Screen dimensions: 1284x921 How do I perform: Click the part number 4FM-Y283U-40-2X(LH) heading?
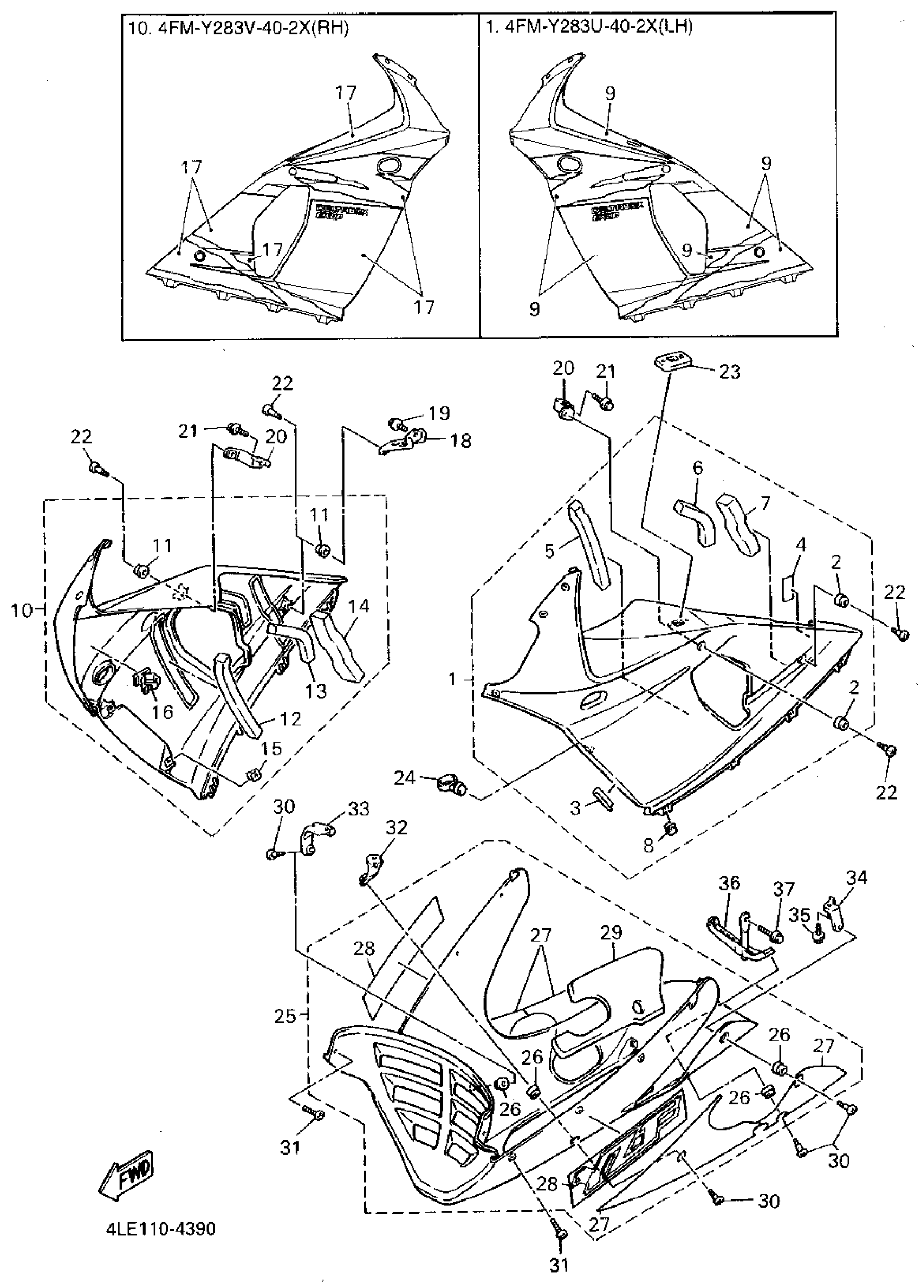pyautogui.click(x=589, y=27)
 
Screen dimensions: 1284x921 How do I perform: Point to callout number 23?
pyautogui.click(x=729, y=372)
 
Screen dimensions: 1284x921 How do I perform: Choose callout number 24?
pyautogui.click(x=405, y=779)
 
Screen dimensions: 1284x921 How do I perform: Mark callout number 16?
pyautogui.click(x=162, y=712)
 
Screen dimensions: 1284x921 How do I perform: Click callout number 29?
pyautogui.click(x=611, y=932)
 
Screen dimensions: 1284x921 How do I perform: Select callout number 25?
pyautogui.click(x=286, y=1017)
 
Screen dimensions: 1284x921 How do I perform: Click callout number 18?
pyautogui.click(x=462, y=440)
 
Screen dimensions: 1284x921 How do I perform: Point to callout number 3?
pyautogui.click(x=575, y=808)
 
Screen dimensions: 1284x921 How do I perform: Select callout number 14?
pyautogui.click(x=359, y=606)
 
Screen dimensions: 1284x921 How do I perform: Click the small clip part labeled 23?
pyautogui.click(x=672, y=361)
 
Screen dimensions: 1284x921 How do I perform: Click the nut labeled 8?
pyautogui.click(x=670, y=829)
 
